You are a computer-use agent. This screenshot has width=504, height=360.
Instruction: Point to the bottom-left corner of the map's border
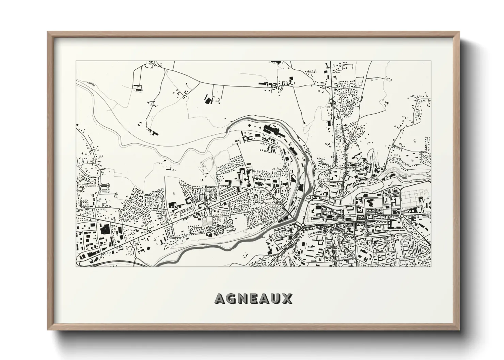pos(76,266)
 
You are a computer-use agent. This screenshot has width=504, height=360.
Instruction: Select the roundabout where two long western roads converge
pos(150,232)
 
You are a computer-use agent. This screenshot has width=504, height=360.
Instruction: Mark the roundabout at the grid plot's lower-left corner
pos(402,216)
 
